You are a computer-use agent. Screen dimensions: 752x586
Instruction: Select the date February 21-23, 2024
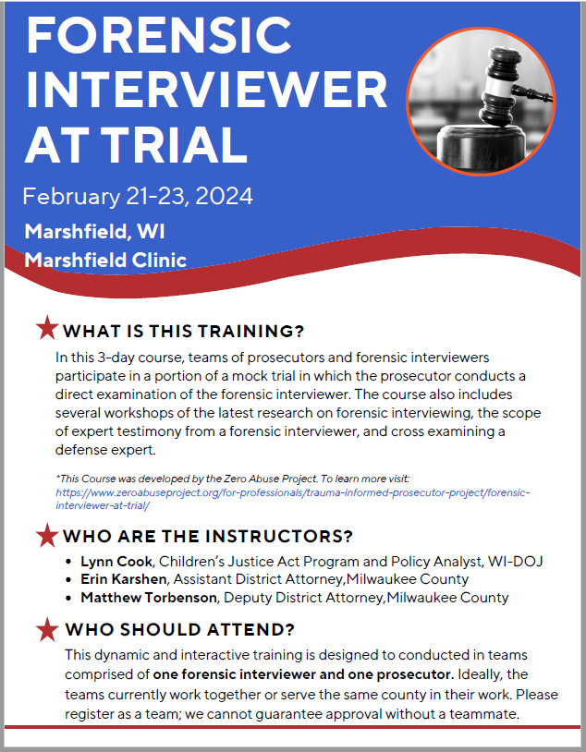[x=138, y=197]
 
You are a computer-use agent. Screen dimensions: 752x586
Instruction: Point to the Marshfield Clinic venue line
[x=105, y=260]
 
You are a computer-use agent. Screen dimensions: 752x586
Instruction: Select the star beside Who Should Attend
[x=46, y=630]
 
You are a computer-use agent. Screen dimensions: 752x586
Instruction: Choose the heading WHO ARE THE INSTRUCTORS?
[x=208, y=537]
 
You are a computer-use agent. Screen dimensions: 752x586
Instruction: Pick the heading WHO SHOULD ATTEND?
[x=179, y=631]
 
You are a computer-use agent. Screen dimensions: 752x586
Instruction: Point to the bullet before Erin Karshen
[x=72, y=579]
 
